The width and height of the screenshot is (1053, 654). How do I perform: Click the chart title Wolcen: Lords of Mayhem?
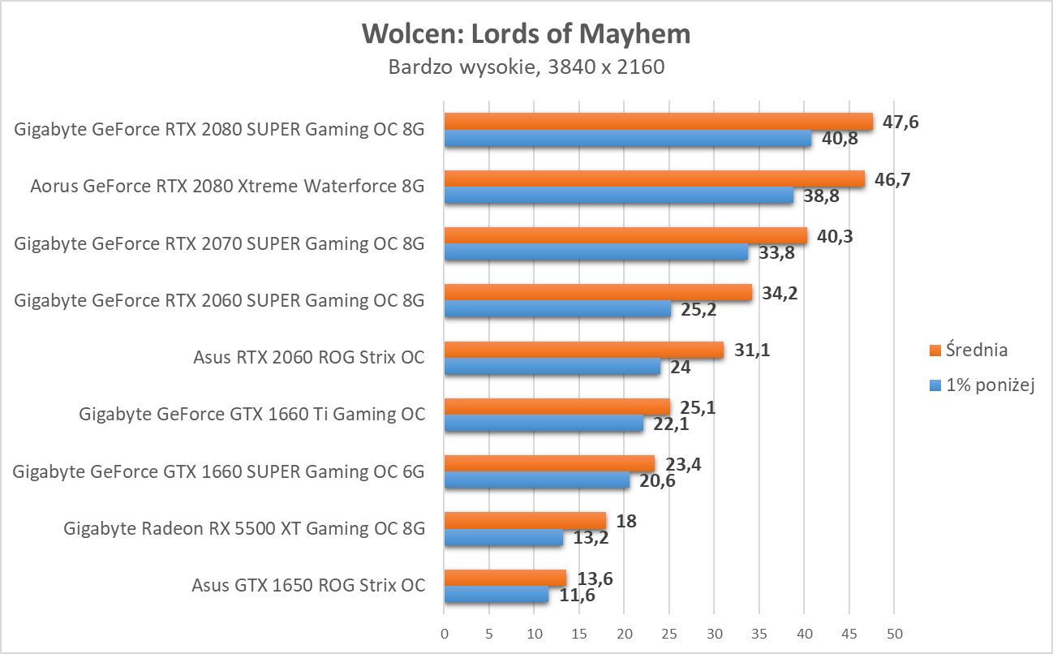tap(526, 34)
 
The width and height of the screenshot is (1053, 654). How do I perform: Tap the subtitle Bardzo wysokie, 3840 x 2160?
tap(526, 67)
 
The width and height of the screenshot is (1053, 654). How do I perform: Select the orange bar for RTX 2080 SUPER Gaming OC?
tap(658, 122)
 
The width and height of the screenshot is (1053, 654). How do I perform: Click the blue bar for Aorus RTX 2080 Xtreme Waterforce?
tap(618, 196)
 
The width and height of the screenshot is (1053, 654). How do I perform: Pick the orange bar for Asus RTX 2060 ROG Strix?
tap(583, 350)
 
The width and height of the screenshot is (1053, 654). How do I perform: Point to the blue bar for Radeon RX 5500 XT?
tap(503, 538)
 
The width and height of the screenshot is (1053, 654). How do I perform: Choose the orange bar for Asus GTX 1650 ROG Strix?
tap(505, 578)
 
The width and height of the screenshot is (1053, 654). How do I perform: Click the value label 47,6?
tap(900, 123)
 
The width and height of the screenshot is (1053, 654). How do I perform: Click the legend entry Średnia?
tap(968, 351)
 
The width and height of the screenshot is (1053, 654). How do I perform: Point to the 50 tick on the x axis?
tap(893, 633)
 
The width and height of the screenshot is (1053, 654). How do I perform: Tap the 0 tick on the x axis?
tap(444, 633)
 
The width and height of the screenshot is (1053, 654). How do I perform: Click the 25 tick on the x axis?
tap(668, 633)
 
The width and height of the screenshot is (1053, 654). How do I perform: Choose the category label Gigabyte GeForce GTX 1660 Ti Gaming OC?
tap(251, 414)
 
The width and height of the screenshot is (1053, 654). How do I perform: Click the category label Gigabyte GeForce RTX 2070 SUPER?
tap(219, 243)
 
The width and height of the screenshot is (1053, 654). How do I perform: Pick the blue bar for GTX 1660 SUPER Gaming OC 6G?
tap(536, 481)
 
